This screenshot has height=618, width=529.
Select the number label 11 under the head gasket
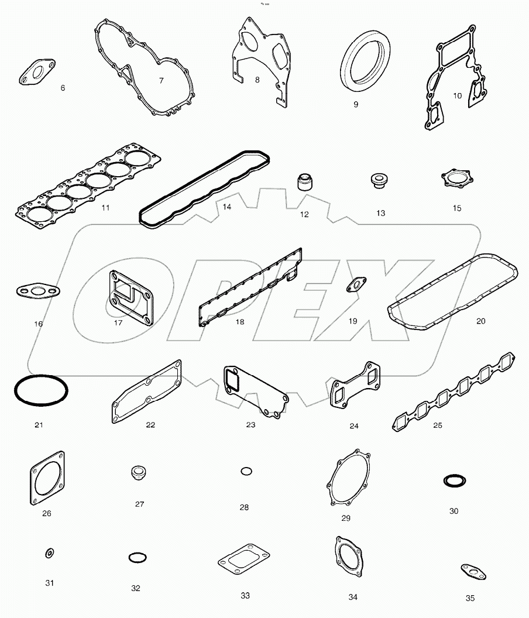(105, 207)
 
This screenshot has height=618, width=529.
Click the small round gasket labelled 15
(456, 179)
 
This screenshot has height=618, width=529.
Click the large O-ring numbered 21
(39, 390)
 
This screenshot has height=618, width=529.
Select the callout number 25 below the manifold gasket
(438, 425)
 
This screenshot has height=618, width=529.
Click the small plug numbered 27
(139, 473)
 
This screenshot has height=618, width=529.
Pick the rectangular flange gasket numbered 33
(245, 561)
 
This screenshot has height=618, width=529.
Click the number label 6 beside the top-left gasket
(63, 88)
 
